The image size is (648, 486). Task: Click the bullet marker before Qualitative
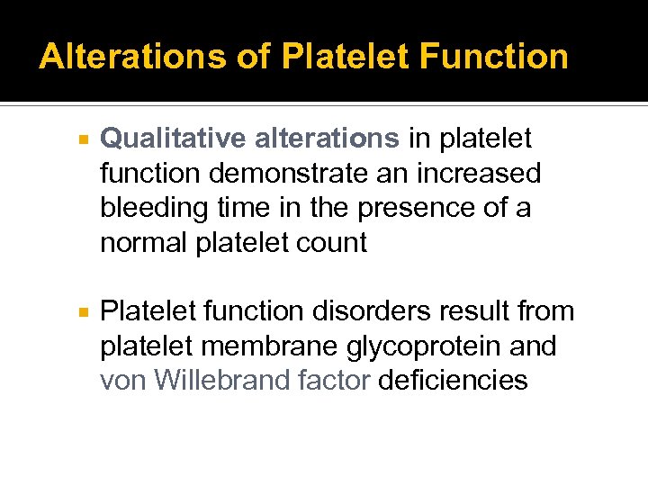82,139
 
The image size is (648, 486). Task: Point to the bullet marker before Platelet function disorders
82,312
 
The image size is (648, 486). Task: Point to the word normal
145,242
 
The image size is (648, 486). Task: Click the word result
467,311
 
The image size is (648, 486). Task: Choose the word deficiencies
453,380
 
